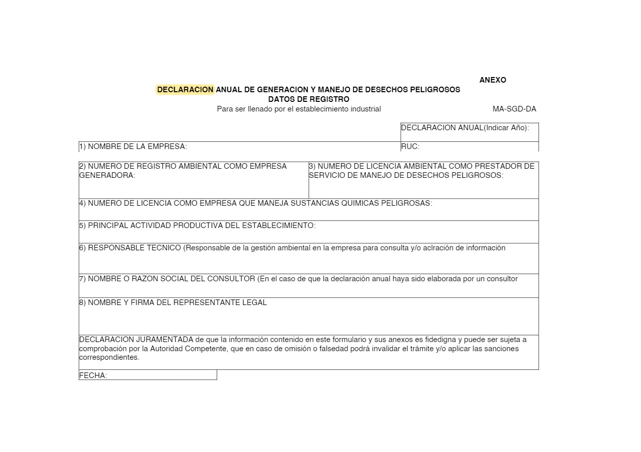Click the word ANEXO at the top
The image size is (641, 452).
click(492, 80)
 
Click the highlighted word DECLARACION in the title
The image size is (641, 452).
click(185, 90)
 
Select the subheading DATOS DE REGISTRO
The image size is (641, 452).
click(309, 99)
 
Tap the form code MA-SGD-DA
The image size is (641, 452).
click(514, 109)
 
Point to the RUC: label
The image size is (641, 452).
click(410, 146)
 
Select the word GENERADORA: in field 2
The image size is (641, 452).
click(107, 175)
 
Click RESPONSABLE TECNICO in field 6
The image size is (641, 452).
click(134, 248)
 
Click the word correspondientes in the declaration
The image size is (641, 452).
click(109, 357)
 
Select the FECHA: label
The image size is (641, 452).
click(93, 375)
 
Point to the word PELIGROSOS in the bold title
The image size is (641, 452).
click(435, 90)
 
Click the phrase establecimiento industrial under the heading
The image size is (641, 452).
click(338, 109)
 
